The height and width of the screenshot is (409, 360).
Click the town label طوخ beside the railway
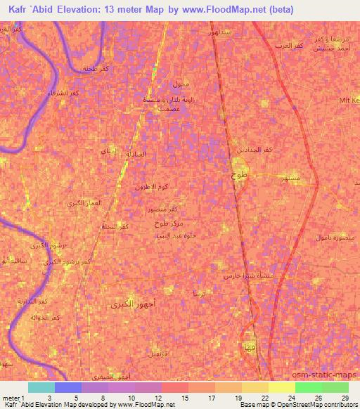[240, 177]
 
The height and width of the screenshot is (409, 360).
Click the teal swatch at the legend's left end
[41, 387]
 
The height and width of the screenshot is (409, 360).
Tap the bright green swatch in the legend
[308, 387]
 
